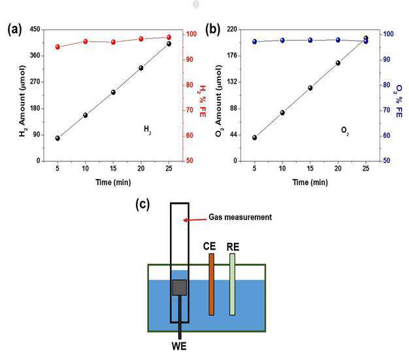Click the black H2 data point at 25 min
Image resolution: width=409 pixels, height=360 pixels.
[x=169, y=44]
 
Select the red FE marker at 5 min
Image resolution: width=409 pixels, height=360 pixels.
[x=57, y=47]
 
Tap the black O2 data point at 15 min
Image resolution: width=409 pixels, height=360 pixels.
[x=310, y=88]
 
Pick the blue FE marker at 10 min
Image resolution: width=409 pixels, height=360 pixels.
[x=282, y=40]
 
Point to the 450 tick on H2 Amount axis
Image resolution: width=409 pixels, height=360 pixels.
[x=35, y=29]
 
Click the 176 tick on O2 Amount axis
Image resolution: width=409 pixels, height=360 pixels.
[x=233, y=56]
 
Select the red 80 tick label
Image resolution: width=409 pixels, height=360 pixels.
[x=189, y=85]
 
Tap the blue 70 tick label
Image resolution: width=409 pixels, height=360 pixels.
[x=387, y=110]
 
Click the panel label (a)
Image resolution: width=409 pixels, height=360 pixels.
[x=14, y=29]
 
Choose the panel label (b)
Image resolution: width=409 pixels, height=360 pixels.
[x=212, y=29]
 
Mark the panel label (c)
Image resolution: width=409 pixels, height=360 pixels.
[x=142, y=205]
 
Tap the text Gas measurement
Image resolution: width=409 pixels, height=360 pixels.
[x=240, y=217]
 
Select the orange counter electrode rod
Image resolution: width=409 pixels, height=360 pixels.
[x=212, y=284]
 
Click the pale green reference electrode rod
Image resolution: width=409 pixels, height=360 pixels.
[x=232, y=284]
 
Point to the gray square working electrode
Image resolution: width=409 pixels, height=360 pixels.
[x=180, y=287]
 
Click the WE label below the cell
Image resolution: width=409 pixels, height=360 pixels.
[x=179, y=346]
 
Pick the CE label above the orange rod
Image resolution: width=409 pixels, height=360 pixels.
[x=210, y=246]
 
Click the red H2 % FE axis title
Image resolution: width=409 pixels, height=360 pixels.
[x=202, y=101]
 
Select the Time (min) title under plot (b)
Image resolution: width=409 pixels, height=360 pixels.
[x=310, y=182]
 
